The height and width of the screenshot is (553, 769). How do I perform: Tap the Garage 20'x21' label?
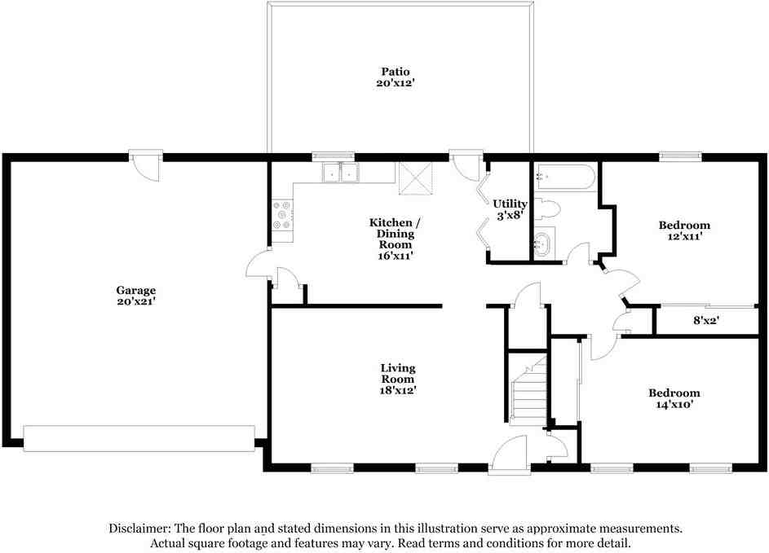136,296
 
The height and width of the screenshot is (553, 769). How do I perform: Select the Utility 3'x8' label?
510,209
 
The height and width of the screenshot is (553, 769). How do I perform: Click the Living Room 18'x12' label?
398,379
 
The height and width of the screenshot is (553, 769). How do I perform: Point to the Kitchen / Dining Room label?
395,239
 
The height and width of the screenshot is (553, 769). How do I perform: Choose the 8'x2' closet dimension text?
706,320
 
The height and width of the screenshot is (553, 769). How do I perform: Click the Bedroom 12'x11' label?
684,230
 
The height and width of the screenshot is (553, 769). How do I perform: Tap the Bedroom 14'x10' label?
674,398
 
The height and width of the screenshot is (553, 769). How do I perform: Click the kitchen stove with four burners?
283,214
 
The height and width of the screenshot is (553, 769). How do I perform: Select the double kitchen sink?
341,173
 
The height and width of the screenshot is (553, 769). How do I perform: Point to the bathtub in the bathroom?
565,178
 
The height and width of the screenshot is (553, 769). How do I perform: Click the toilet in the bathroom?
547,209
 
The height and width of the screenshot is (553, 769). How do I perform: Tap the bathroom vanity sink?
544,243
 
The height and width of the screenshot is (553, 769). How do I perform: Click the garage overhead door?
139,438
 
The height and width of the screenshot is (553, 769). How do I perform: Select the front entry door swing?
509,455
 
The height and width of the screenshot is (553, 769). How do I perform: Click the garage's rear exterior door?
146,165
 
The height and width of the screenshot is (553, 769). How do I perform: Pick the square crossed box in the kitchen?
415,178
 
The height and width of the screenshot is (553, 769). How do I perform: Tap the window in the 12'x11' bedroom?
680,156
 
